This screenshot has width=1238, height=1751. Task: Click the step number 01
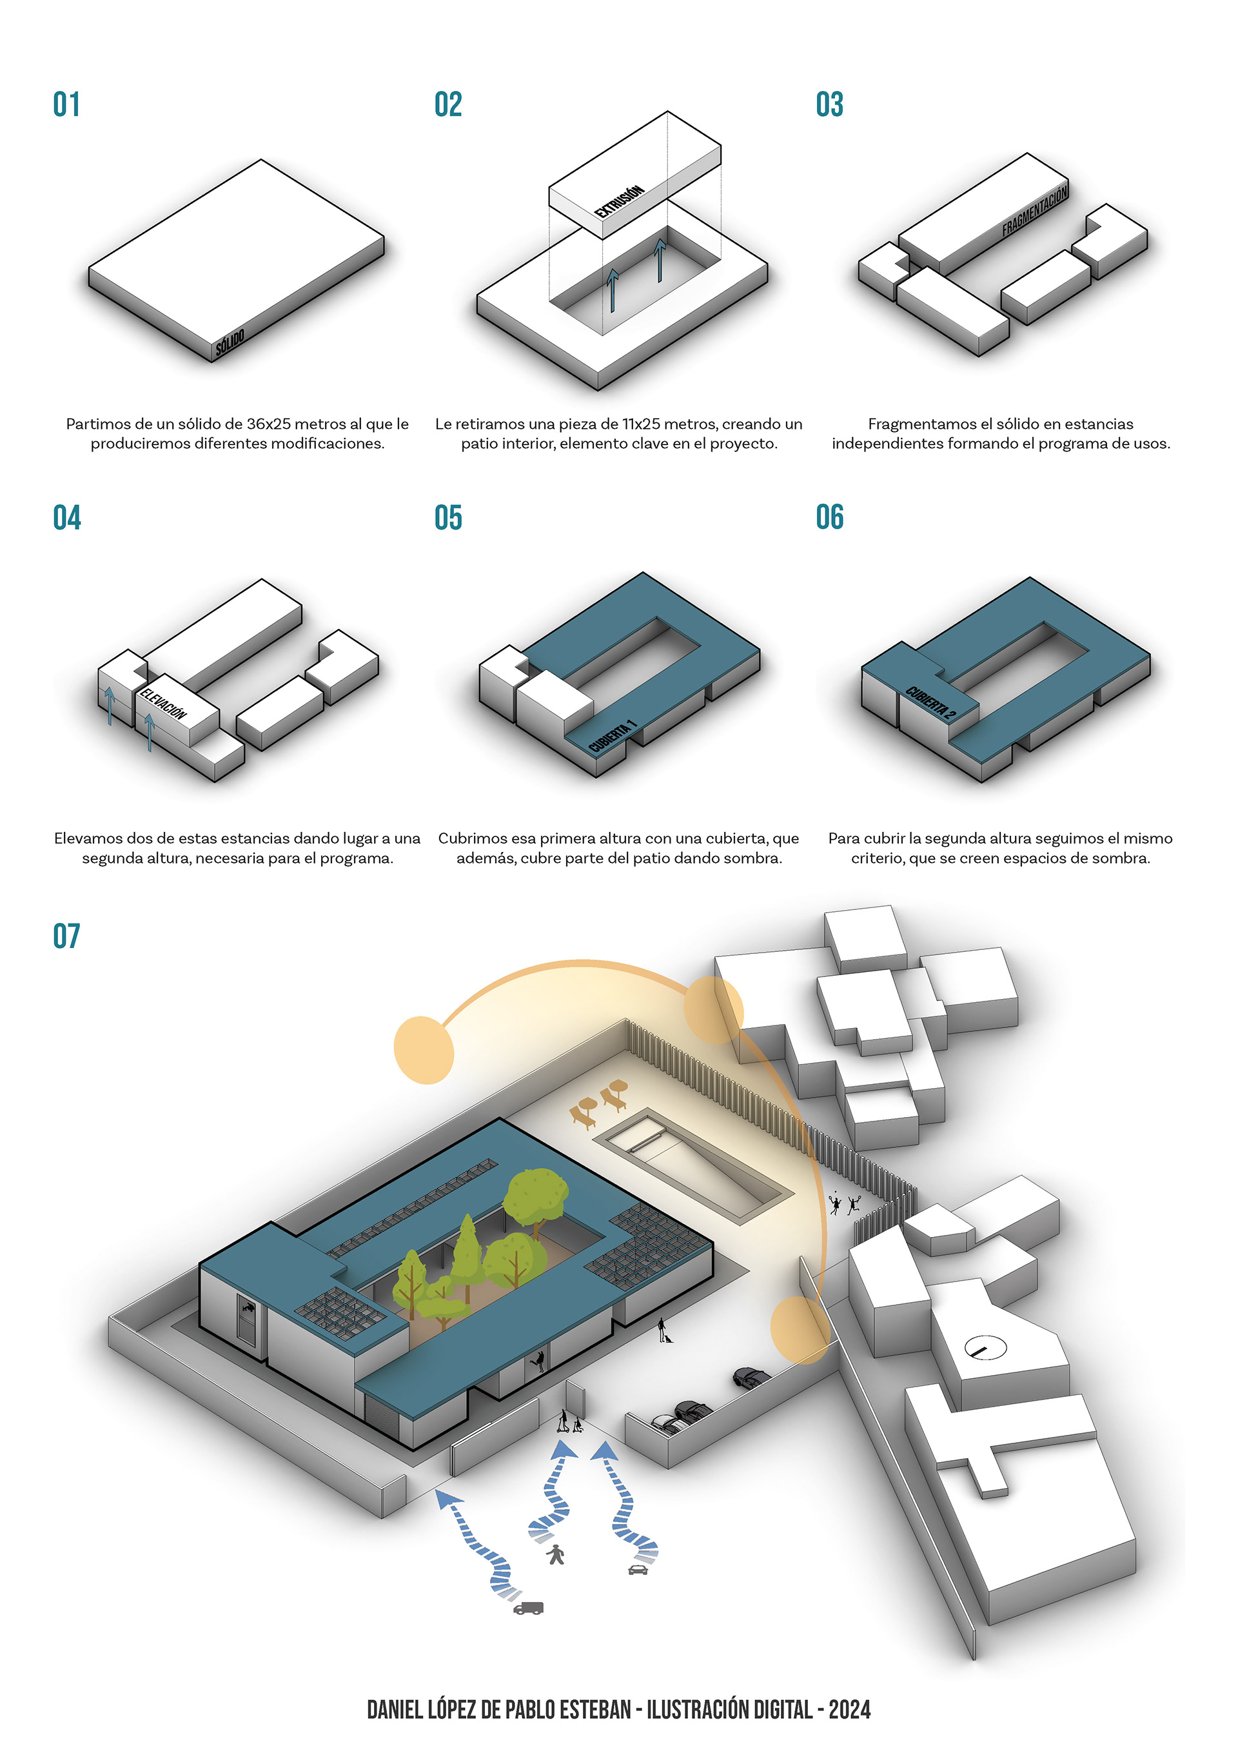coord(66,104)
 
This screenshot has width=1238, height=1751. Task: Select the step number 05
coord(448,517)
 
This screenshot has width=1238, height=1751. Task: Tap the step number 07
coord(66,936)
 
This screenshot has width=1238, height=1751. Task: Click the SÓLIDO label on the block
coord(230,343)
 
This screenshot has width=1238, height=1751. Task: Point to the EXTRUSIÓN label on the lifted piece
coord(620,201)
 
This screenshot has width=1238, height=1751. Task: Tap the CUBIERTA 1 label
coord(612,736)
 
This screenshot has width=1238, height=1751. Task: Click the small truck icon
coord(528,1608)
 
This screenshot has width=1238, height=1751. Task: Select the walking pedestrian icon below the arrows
coord(556,1554)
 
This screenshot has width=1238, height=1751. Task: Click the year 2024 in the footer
coord(849,1710)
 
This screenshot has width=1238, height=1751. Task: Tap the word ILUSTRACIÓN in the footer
coord(697,1710)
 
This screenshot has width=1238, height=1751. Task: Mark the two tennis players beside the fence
coord(845,1204)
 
